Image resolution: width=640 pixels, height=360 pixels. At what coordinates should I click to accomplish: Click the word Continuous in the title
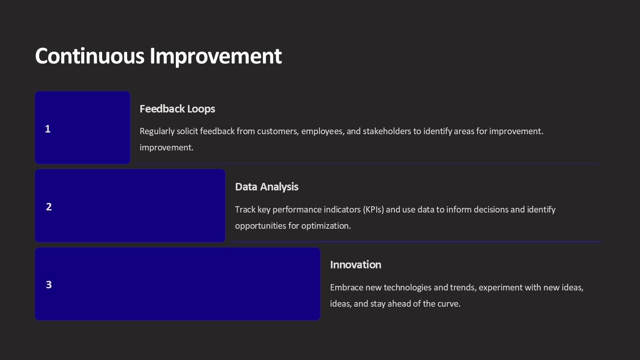90,56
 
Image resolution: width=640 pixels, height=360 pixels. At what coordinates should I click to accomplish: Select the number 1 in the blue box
48,129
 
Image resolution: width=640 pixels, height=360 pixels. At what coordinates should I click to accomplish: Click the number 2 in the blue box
49,207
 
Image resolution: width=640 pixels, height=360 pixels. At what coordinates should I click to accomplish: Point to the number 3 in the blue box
49,285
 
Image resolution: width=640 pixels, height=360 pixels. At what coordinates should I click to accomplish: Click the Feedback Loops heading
177,109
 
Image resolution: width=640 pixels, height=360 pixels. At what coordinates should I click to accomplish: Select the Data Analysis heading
267,187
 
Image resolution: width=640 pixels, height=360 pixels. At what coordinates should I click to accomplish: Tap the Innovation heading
355,265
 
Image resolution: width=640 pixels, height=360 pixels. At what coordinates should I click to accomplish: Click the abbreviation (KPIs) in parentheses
374,210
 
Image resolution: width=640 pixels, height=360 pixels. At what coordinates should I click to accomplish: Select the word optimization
326,226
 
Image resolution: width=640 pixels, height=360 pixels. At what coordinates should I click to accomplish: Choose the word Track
245,210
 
